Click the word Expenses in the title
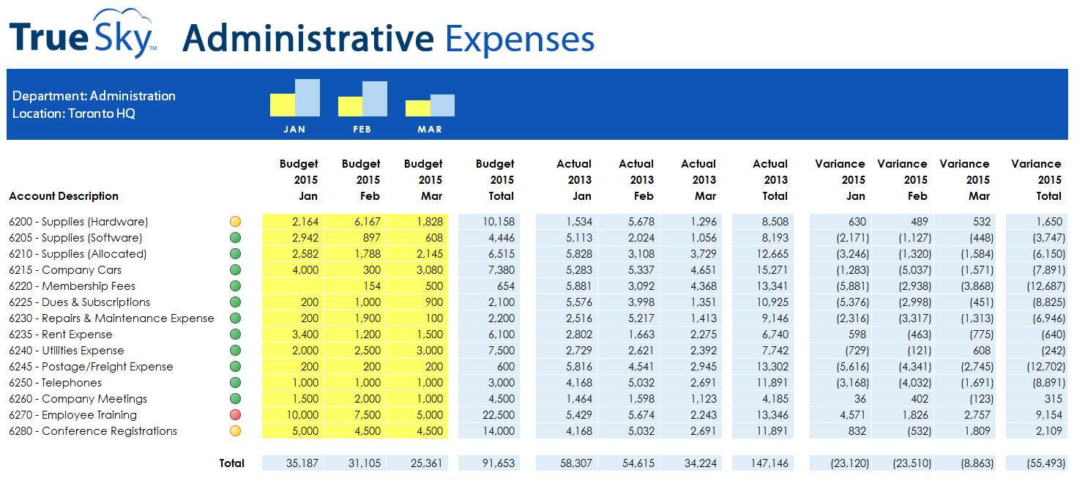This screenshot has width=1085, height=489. (x=520, y=39)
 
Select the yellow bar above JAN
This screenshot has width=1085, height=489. (x=282, y=105)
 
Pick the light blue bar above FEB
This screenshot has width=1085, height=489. (x=375, y=99)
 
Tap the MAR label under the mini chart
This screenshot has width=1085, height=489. (x=430, y=130)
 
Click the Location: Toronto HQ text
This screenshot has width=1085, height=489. (x=74, y=113)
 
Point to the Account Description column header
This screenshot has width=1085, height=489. (x=64, y=196)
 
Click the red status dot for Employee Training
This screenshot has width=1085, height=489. (x=235, y=415)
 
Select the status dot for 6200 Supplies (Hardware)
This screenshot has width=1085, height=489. (x=235, y=222)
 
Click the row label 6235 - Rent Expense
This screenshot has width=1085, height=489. (x=61, y=335)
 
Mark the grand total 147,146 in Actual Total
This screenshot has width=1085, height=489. (x=769, y=463)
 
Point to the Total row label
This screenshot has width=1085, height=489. (x=231, y=463)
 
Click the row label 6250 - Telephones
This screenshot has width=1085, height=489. (x=56, y=383)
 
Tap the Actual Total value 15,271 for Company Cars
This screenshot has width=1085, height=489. (x=769, y=270)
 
